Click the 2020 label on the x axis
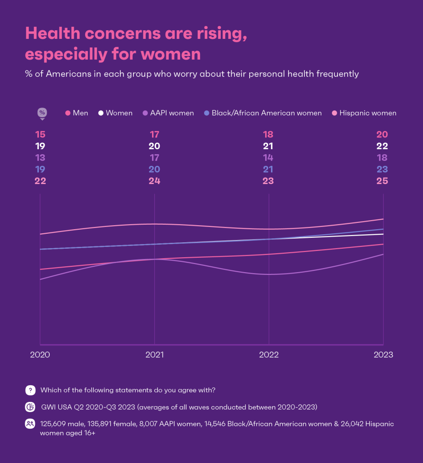coord(40,354)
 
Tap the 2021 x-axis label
coord(155,354)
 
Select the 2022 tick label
coord(269,354)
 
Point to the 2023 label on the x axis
coord(383,354)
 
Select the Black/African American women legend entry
coord(263,113)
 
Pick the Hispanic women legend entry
coord(364,113)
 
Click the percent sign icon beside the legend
coord(42,113)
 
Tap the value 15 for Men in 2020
coord(40,134)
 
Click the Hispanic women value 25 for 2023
coord(382,181)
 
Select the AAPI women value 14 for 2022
coord(269,158)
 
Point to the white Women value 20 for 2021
coord(155,146)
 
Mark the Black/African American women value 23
coord(382,170)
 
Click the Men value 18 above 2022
coord(269,134)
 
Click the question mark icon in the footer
coord(30,390)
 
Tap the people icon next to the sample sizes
coord(30,424)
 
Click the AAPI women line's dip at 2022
coord(269,274)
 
